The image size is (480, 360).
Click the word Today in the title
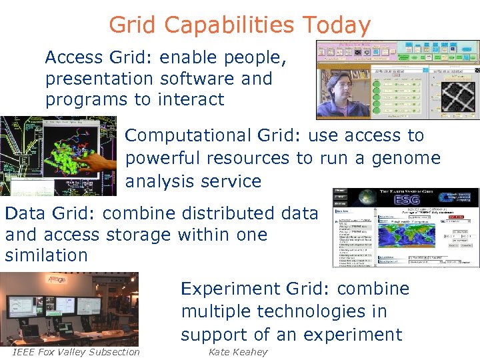pos(336,25)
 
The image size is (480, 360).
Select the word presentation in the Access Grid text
pos(99,79)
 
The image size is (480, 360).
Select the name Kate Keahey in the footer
pos(237,352)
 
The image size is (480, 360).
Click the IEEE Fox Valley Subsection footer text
pos(76,352)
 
